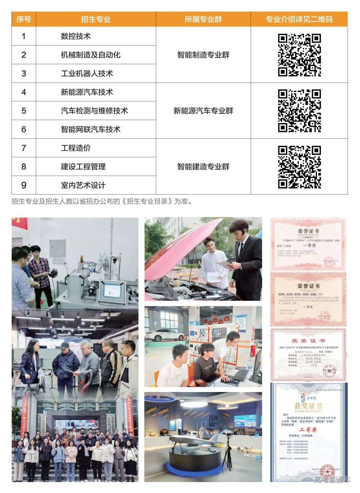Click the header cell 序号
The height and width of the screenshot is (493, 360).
click(24, 19)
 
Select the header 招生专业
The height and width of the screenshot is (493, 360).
click(96, 19)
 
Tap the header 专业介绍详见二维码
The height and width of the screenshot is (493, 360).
click(299, 19)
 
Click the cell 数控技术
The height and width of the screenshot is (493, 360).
click(76, 36)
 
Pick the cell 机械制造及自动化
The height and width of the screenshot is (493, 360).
click(90, 55)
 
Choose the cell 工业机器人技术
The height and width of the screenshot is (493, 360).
click(87, 74)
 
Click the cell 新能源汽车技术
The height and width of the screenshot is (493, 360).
click(87, 92)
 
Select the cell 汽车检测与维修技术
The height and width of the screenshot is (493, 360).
click(94, 111)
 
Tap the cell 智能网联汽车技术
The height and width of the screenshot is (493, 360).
click(90, 130)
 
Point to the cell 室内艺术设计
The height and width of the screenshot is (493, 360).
click(83, 185)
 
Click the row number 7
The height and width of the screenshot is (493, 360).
click(24, 148)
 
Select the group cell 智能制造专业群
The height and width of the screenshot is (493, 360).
click(203, 55)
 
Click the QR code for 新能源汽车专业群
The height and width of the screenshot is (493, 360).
click(299, 111)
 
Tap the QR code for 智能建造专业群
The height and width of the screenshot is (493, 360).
click(299, 167)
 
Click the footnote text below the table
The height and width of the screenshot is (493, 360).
click(102, 201)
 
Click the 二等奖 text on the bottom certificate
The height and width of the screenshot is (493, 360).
click(308, 430)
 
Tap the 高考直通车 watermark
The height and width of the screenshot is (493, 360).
click(332, 480)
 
